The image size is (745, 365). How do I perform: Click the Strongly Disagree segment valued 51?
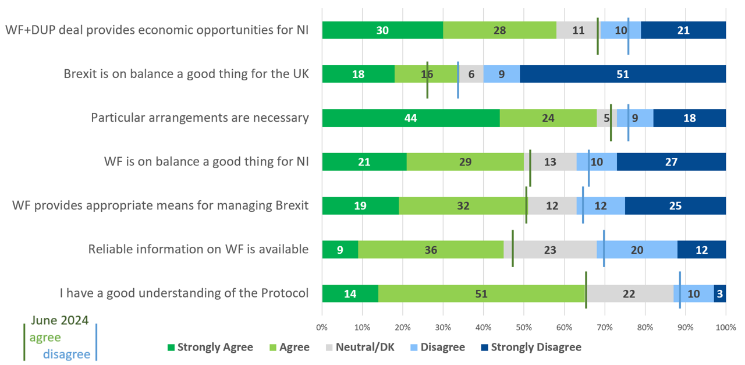coord(623,74)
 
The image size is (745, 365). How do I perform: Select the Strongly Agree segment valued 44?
coord(411,118)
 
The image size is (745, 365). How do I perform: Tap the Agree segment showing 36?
coord(431,249)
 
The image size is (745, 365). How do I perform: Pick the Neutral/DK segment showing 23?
coord(550,249)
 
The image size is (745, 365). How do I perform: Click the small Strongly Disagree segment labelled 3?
coord(720,293)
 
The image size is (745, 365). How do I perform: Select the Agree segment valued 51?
coord(481,293)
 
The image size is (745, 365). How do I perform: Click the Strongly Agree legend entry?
coord(210,348)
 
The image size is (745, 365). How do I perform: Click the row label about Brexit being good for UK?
coord(186,74)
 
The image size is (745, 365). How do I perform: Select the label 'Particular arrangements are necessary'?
coord(200,118)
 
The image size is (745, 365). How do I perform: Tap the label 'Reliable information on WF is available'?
coord(198,249)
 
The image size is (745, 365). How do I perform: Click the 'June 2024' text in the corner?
coord(59,320)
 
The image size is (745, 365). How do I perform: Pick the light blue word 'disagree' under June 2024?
coord(66,354)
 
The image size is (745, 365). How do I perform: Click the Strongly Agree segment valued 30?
coord(382,30)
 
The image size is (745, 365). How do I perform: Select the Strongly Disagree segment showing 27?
coord(671,162)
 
